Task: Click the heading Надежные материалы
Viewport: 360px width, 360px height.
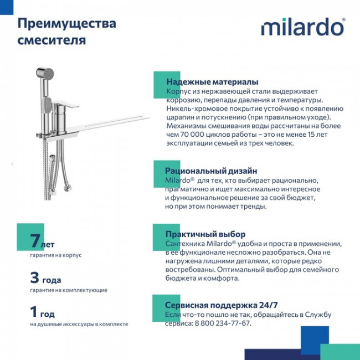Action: [x=204, y=81]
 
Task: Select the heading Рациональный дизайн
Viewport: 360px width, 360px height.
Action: [x=203, y=171]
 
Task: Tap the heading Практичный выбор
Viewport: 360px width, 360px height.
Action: [x=197, y=234]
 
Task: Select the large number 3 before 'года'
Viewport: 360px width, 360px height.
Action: [x=34, y=277]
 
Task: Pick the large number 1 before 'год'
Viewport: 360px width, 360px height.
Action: [x=34, y=311]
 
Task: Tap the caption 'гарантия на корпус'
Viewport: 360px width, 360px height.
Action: [x=56, y=255]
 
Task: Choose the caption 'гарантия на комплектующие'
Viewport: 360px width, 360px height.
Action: [x=69, y=290]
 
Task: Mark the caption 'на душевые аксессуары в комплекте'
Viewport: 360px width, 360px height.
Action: [x=79, y=324]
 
